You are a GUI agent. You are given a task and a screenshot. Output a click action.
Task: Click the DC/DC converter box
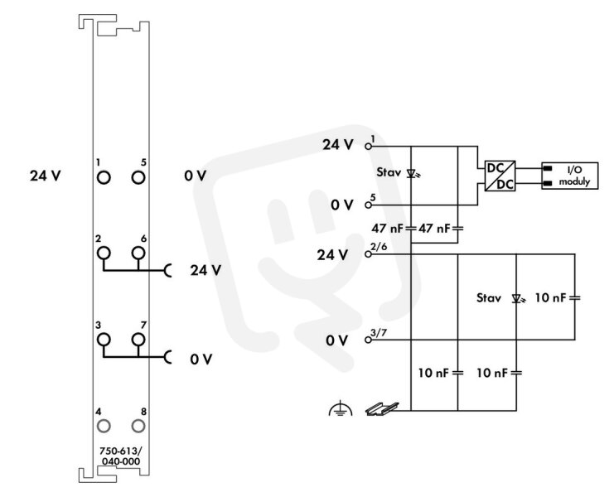pyautogui.click(x=500, y=176)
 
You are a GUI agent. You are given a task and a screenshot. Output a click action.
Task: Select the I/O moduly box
pyautogui.click(x=570, y=176)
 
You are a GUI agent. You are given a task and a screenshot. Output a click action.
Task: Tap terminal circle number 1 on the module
pyautogui.click(x=104, y=177)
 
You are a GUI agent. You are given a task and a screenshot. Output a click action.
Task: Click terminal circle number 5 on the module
pyautogui.click(x=138, y=177)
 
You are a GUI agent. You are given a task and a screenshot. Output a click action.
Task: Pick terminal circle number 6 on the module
pyautogui.click(x=138, y=253)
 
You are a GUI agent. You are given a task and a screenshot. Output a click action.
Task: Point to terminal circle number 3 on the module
pyautogui.click(x=104, y=340)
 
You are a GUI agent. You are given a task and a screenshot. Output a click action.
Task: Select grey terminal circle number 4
pyautogui.click(x=104, y=426)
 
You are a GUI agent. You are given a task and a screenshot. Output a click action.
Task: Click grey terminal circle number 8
pyautogui.click(x=138, y=426)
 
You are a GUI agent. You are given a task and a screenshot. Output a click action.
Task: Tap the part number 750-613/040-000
pyautogui.click(x=121, y=456)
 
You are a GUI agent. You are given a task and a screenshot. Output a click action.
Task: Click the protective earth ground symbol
pyautogui.click(x=341, y=408)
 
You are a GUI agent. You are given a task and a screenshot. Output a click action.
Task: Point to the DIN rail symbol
pyautogui.click(x=382, y=409)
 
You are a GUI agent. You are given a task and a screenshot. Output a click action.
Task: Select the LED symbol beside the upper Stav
pyautogui.click(x=412, y=173)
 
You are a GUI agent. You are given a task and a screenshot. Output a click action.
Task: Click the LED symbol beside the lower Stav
pyautogui.click(x=518, y=299)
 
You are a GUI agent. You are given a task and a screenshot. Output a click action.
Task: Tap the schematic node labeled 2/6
pyautogui.click(x=368, y=254)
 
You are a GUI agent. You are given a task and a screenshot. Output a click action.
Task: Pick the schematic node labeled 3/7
pyautogui.click(x=368, y=340)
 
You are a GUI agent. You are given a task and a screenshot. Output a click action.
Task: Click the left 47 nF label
pyautogui.click(x=387, y=228)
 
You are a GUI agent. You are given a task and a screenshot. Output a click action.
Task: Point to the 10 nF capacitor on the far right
pyautogui.click(x=575, y=298)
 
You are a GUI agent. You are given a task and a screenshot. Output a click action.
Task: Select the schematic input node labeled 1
pyautogui.click(x=368, y=147)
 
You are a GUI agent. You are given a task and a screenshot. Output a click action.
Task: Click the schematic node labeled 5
pyautogui.click(x=368, y=205)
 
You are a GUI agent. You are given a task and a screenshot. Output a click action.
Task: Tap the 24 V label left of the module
pyautogui.click(x=46, y=176)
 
